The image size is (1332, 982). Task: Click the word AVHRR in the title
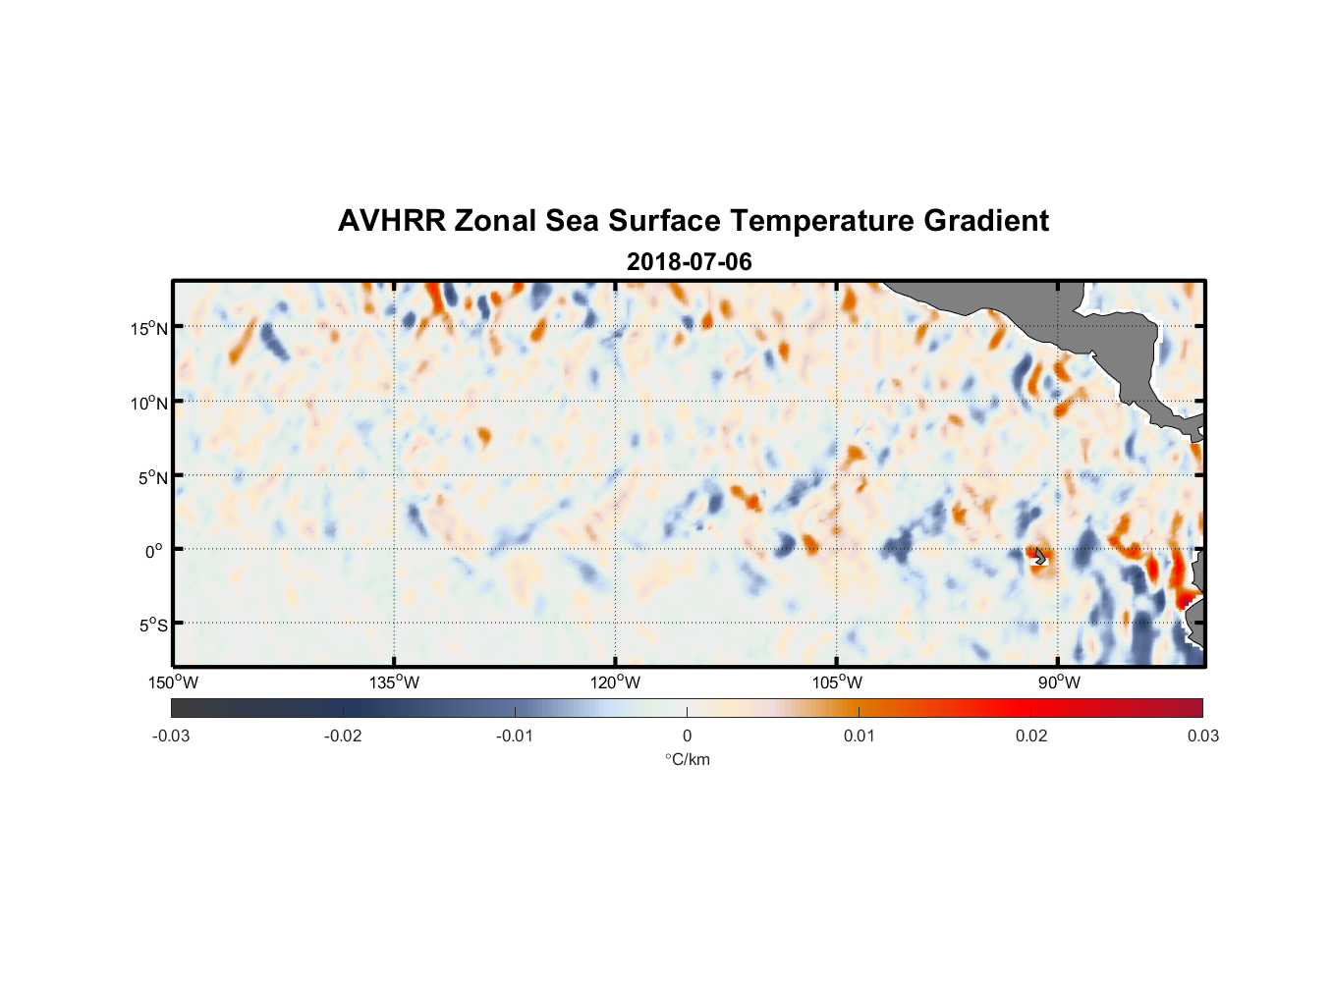tap(391, 221)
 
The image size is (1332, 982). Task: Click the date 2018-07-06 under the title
tap(689, 262)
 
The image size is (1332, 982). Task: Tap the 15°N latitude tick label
tap(149, 328)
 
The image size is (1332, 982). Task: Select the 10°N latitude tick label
tap(149, 403)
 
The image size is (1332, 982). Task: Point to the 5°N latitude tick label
tap(153, 477)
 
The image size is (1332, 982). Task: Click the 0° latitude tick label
tap(154, 551)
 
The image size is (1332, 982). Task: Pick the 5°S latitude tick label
tap(153, 626)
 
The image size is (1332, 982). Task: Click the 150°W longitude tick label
tap(174, 682)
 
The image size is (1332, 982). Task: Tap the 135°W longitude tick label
tap(395, 682)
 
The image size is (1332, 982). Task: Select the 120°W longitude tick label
tap(616, 682)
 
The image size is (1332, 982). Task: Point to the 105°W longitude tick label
tap(837, 682)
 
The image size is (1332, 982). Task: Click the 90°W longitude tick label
tap(1059, 682)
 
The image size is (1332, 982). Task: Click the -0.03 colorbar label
tap(171, 736)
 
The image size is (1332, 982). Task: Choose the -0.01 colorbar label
tap(515, 736)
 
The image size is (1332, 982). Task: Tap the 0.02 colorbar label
tap(1031, 736)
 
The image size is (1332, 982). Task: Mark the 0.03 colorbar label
tap(1202, 736)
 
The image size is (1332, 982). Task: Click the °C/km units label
tap(687, 759)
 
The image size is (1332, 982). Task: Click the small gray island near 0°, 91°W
tap(1039, 557)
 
